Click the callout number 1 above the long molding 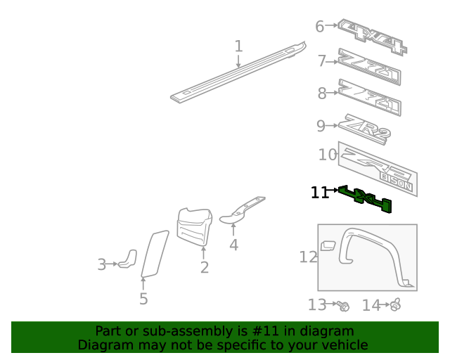pyautogui.click(x=238, y=46)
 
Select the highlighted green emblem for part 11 pyautogui.click(x=365, y=199)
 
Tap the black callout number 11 pyautogui.click(x=319, y=193)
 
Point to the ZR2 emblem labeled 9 pyautogui.click(x=365, y=129)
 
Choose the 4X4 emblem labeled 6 pyautogui.click(x=372, y=37)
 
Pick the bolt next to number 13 pyautogui.click(x=344, y=306)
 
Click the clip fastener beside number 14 pyautogui.click(x=396, y=304)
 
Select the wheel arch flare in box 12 pyautogui.click(x=373, y=255)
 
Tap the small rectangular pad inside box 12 pyautogui.click(x=328, y=245)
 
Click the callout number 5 pyautogui.click(x=143, y=299)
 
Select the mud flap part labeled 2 pyautogui.click(x=195, y=227)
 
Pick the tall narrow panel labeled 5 pyautogui.click(x=155, y=254)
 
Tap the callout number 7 pyautogui.click(x=322, y=61)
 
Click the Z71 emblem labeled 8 pyautogui.click(x=370, y=97)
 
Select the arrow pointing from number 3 pyautogui.click(x=112, y=264)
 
